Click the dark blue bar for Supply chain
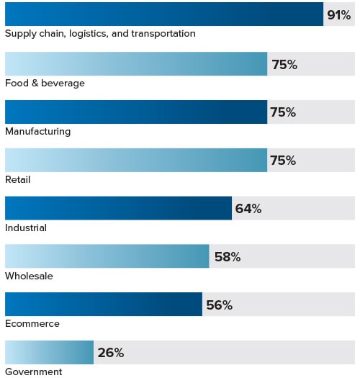164,14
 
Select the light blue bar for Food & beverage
136,64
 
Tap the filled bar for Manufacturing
136,112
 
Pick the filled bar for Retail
136,160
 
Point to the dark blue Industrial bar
118,208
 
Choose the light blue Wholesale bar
107,256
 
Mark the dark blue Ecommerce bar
103,305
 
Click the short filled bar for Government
49,352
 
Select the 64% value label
248,209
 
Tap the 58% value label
228,257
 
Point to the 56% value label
219,305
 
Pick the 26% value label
111,353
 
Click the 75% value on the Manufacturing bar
283,112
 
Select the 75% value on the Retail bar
283,161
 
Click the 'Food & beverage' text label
45,83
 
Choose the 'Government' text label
33,372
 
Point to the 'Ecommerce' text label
32,323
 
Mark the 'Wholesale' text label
29,276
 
